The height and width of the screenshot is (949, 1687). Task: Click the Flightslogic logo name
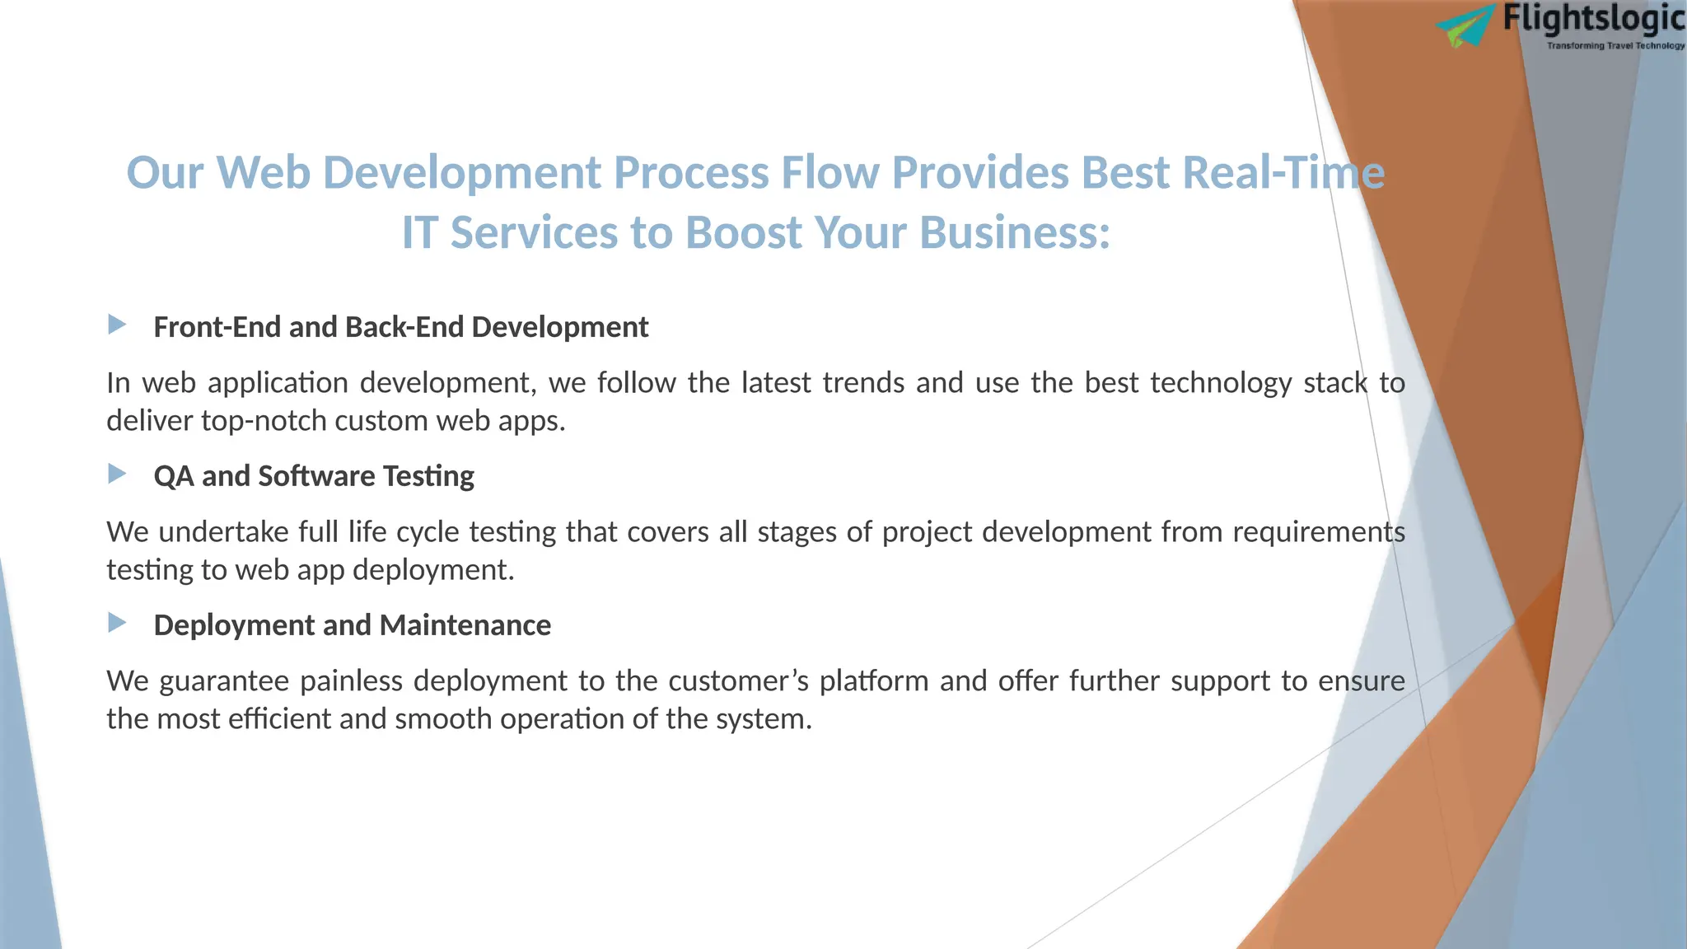[x=1593, y=19]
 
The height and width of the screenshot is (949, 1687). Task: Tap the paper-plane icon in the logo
[x=1467, y=26]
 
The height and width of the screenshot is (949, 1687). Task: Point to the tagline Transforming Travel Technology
[x=1615, y=46]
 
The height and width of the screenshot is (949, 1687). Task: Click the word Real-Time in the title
[x=1283, y=174]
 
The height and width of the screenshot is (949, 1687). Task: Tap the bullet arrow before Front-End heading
[x=117, y=325]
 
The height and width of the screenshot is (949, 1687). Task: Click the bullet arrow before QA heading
[x=117, y=474]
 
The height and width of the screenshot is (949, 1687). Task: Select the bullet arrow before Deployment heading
[x=117, y=623]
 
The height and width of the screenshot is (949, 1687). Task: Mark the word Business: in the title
[x=1014, y=233]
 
